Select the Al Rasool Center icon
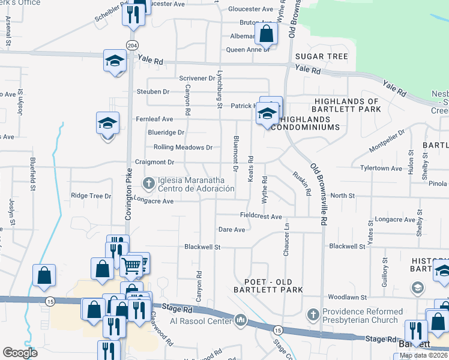pyautogui.click(x=241, y=319)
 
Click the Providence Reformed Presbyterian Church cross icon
pyautogui.click(x=313, y=314)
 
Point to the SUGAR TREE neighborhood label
pyautogui.click(x=322, y=56)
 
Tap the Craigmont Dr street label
pyautogui.click(x=155, y=163)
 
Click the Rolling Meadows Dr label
pyautogui.click(x=182, y=147)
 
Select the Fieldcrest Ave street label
pyautogui.click(x=261, y=217)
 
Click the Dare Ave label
pyautogui.click(x=232, y=230)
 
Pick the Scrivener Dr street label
pyautogui.click(x=197, y=79)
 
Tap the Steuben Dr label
pyautogui.click(x=153, y=92)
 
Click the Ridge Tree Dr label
pyautogui.click(x=91, y=196)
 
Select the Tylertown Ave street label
pyautogui.click(x=381, y=169)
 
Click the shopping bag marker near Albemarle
pyautogui.click(x=266, y=34)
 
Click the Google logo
pyautogui.click(x=20, y=353)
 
